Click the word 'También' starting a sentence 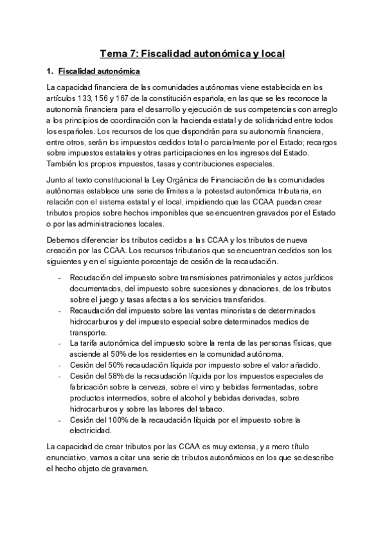(x=62, y=163)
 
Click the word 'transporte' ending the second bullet (x=88, y=333)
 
